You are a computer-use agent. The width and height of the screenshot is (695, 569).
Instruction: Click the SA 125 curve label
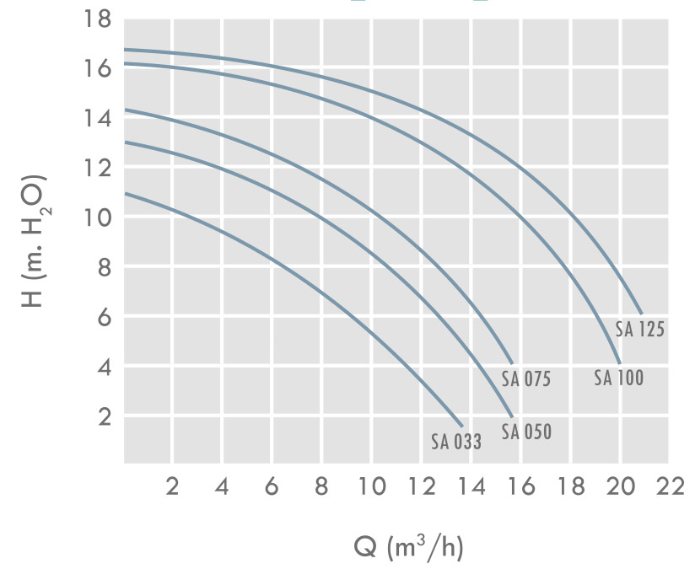(639, 330)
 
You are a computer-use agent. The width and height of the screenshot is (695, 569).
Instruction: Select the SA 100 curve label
(618, 378)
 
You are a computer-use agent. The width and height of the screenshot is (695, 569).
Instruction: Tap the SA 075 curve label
(525, 379)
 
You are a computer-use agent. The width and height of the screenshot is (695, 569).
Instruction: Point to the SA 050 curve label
(525, 432)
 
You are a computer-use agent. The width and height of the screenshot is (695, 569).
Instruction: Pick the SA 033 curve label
(456, 442)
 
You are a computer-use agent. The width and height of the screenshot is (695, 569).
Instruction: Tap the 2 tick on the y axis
(105, 416)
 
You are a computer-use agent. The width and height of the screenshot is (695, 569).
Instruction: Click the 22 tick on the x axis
(671, 488)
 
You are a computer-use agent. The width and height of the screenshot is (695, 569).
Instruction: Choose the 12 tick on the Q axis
(423, 488)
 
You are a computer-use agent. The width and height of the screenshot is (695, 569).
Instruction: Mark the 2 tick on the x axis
(173, 488)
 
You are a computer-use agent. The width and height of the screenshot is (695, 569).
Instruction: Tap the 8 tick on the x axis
(322, 488)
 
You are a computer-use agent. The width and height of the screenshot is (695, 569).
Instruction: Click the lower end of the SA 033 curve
(462, 426)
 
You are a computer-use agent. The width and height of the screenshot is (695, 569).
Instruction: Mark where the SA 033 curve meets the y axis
(125, 193)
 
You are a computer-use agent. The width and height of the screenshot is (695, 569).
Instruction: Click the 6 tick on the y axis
(105, 317)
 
